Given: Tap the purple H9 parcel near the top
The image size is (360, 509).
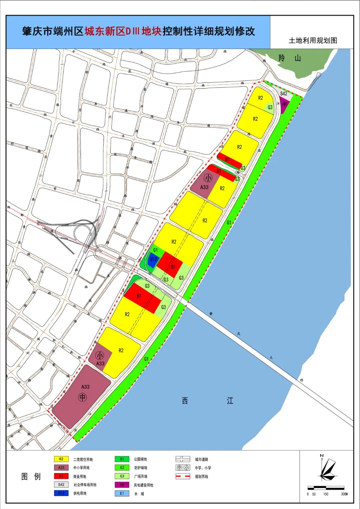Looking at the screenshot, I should (x=284, y=104).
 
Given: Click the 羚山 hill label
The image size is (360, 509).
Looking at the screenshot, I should (x=289, y=58).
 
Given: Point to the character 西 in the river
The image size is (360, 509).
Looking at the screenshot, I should (x=185, y=401).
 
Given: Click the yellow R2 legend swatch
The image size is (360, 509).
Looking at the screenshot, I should (x=61, y=459).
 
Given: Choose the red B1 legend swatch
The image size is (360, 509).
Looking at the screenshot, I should (x=61, y=476).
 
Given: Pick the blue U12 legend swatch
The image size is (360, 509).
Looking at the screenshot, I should (x=61, y=493).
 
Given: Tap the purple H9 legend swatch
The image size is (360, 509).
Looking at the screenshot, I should (x=122, y=485).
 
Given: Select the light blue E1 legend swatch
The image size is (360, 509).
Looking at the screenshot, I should (x=122, y=494).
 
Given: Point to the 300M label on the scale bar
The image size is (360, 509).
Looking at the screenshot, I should (x=344, y=494).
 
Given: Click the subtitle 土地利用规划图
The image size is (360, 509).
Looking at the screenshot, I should (x=313, y=41).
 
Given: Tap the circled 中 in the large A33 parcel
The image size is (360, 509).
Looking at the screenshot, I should (x=82, y=397).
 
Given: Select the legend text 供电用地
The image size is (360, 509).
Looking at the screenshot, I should (x=80, y=493).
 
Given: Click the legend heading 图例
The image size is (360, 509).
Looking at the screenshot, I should (x=31, y=476).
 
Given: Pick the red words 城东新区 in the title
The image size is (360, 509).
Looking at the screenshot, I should (x=104, y=32).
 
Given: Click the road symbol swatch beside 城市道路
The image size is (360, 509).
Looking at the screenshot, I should (x=183, y=459).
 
